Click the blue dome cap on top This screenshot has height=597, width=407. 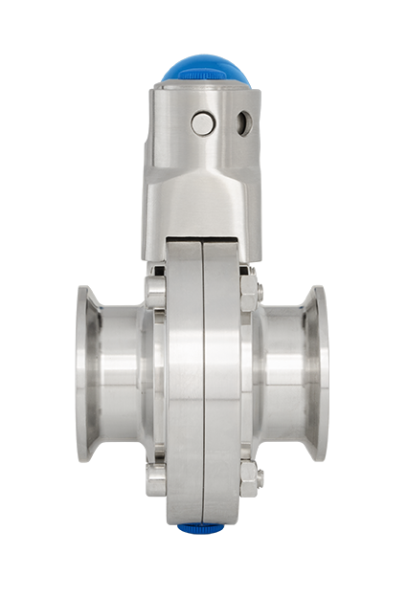coord(204,69)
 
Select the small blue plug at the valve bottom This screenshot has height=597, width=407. coord(203,527)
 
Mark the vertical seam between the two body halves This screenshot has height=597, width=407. coord(202,383)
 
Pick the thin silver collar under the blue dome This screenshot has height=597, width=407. coord(204,87)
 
